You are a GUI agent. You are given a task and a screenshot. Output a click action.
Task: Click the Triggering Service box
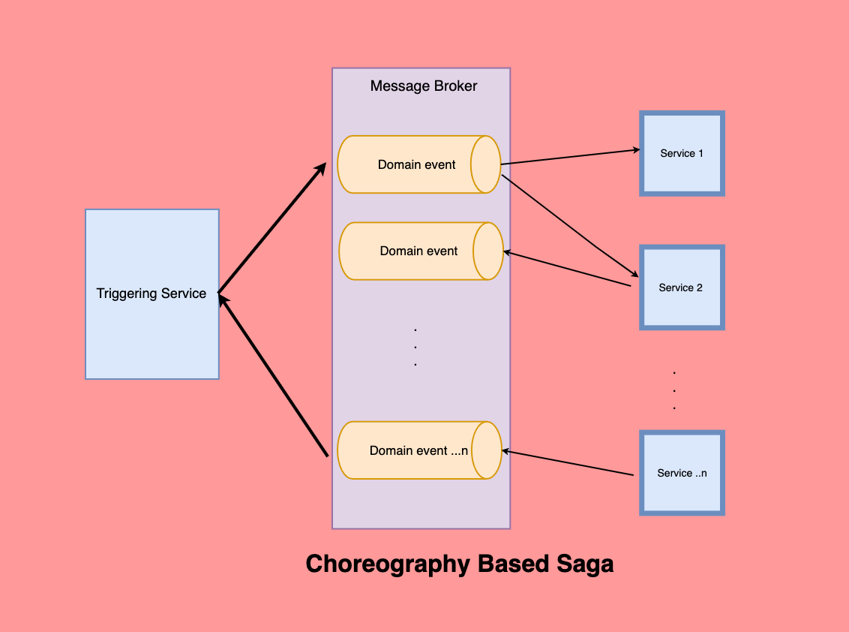pyautogui.click(x=152, y=293)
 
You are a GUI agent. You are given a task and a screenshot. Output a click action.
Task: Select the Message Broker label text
pyautogui.click(x=424, y=86)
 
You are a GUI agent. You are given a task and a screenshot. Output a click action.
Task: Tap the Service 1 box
pyautogui.click(x=682, y=154)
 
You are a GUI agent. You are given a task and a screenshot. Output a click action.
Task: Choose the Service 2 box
pyautogui.click(x=681, y=287)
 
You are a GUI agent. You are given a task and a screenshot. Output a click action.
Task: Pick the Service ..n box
pyautogui.click(x=682, y=473)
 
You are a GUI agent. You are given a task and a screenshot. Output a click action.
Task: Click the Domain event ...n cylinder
pyautogui.click(x=409, y=450)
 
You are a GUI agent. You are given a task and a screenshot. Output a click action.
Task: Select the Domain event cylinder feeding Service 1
pyautogui.click(x=409, y=164)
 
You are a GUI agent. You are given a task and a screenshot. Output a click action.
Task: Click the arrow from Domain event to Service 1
pyautogui.click(x=570, y=157)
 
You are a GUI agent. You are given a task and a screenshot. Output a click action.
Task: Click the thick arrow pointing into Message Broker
pyautogui.click(x=271, y=228)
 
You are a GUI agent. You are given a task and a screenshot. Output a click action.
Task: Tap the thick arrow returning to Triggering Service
pyautogui.click(x=274, y=375)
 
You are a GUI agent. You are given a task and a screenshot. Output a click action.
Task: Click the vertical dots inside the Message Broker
pyautogui.click(x=415, y=347)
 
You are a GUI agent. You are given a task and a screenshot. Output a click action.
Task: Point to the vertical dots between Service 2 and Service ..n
pyautogui.click(x=674, y=390)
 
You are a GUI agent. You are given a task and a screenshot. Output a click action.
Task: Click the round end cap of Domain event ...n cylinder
pyautogui.click(x=487, y=450)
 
